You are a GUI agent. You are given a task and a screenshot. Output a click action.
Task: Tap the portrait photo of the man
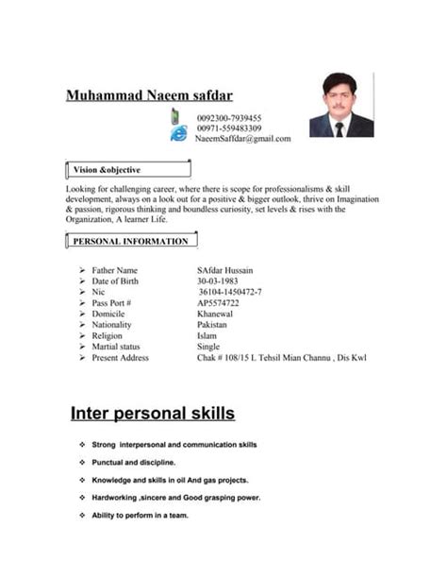[x=340, y=105]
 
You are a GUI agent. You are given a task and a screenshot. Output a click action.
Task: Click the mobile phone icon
[x=175, y=116]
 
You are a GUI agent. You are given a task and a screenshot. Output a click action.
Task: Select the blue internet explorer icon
[x=177, y=133]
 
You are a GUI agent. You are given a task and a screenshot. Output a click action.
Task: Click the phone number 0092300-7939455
[x=229, y=117]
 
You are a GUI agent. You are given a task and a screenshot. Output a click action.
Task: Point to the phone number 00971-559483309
[x=229, y=127]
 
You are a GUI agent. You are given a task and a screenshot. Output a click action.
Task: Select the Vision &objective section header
[x=107, y=170]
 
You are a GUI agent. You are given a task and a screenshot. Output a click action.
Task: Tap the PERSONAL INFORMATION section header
[x=130, y=241]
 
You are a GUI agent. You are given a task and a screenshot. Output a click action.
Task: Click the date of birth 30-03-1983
[x=218, y=281]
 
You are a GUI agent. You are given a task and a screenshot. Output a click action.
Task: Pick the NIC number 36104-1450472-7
[x=230, y=292]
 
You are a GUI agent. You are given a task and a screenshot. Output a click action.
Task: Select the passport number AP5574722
[x=218, y=303]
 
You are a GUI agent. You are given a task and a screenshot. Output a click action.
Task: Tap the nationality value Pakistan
[x=213, y=325]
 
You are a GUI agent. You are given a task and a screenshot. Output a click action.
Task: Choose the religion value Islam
[x=207, y=335]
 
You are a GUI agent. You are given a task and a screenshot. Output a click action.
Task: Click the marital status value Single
[x=208, y=347]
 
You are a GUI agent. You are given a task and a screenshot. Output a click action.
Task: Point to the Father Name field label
[x=120, y=271]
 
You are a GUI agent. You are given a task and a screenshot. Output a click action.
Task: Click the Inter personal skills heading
[x=152, y=413]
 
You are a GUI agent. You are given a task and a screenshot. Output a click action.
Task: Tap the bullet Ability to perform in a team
[x=140, y=515]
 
